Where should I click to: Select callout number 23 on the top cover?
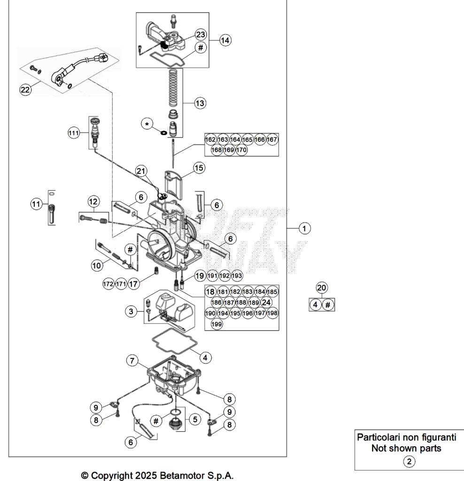201,34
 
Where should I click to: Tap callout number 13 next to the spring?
200,103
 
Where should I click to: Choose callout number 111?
74,133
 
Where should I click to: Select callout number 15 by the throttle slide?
199,167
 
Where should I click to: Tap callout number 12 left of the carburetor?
93,201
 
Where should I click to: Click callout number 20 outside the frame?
322,287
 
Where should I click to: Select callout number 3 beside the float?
131,310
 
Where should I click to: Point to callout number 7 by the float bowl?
132,361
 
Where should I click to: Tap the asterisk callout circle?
148,124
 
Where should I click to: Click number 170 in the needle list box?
241,150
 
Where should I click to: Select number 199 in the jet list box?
217,324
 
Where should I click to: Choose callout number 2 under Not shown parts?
410,462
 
